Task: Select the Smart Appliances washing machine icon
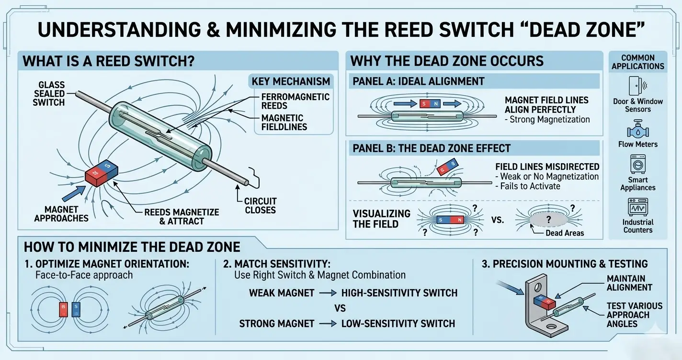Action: point(637,164)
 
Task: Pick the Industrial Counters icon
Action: point(637,207)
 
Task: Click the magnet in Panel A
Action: point(428,103)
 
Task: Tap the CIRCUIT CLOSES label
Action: point(261,205)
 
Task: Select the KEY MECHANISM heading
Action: point(291,81)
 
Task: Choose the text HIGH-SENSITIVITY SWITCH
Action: point(399,292)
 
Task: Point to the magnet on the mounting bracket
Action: point(544,302)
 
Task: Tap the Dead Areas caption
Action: point(565,233)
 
